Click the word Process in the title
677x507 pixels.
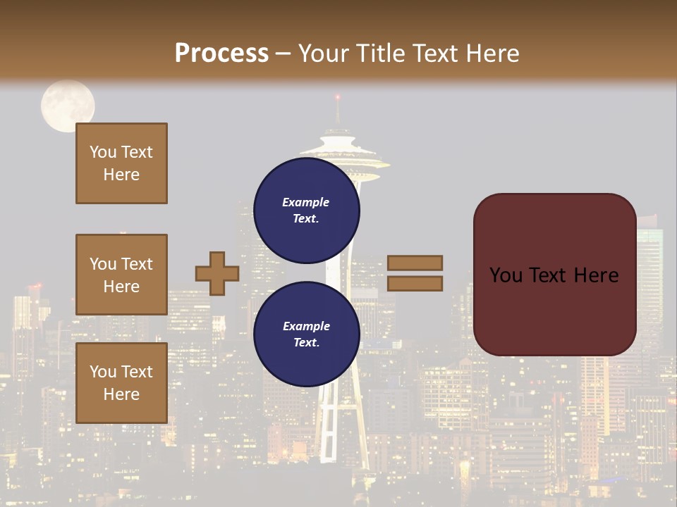(x=221, y=53)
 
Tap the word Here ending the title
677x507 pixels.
(x=489, y=53)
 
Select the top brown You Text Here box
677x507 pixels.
(x=121, y=163)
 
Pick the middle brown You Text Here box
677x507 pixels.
(x=121, y=275)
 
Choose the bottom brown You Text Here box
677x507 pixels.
(x=121, y=382)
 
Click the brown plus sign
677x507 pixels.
(x=216, y=273)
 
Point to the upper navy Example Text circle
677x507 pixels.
(x=306, y=210)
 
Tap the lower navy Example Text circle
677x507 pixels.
(x=306, y=334)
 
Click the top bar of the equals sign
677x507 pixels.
(x=415, y=263)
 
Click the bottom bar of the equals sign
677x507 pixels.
(x=415, y=283)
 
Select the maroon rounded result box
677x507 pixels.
(x=554, y=275)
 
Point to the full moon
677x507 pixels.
(x=68, y=106)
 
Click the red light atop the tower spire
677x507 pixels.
(x=338, y=96)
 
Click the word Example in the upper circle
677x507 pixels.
(x=306, y=202)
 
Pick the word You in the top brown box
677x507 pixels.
(x=103, y=152)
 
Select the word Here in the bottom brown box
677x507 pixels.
(x=121, y=394)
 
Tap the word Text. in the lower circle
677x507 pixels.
(x=306, y=342)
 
